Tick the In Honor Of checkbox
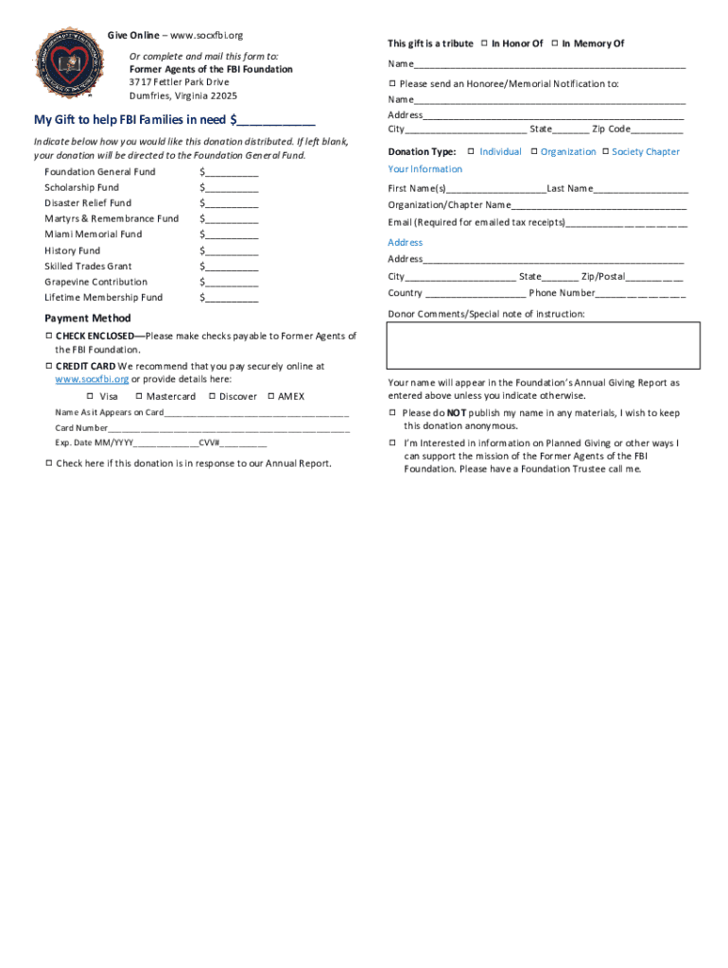coord(483,43)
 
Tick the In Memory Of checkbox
coord(554,43)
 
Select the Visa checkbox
coord(91,396)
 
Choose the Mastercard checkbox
coord(138,396)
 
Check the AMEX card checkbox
coord(270,396)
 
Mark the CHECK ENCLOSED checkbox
coord(48,336)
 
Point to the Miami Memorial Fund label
coord(93,234)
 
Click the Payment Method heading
coord(88,319)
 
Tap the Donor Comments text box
coord(544,344)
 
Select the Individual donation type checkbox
coord(471,151)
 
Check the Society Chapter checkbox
coord(605,151)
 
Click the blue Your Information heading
coord(425,169)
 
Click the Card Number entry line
coord(228,427)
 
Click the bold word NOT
coord(456,413)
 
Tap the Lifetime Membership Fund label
coord(103,298)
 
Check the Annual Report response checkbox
coord(48,463)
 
